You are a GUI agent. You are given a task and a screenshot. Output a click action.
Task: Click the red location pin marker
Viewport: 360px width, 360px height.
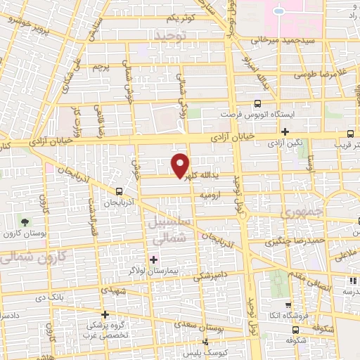[x=180, y=165]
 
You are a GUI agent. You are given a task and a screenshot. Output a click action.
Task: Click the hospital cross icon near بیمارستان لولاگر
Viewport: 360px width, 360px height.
[x=154, y=260]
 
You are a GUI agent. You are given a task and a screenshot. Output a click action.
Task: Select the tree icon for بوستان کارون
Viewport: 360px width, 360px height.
[x=25, y=222]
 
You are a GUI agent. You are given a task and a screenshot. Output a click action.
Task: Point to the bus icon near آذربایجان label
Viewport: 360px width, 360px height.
[x=120, y=191]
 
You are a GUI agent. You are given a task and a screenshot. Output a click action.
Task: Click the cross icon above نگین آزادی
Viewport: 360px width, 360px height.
[x=285, y=131]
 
